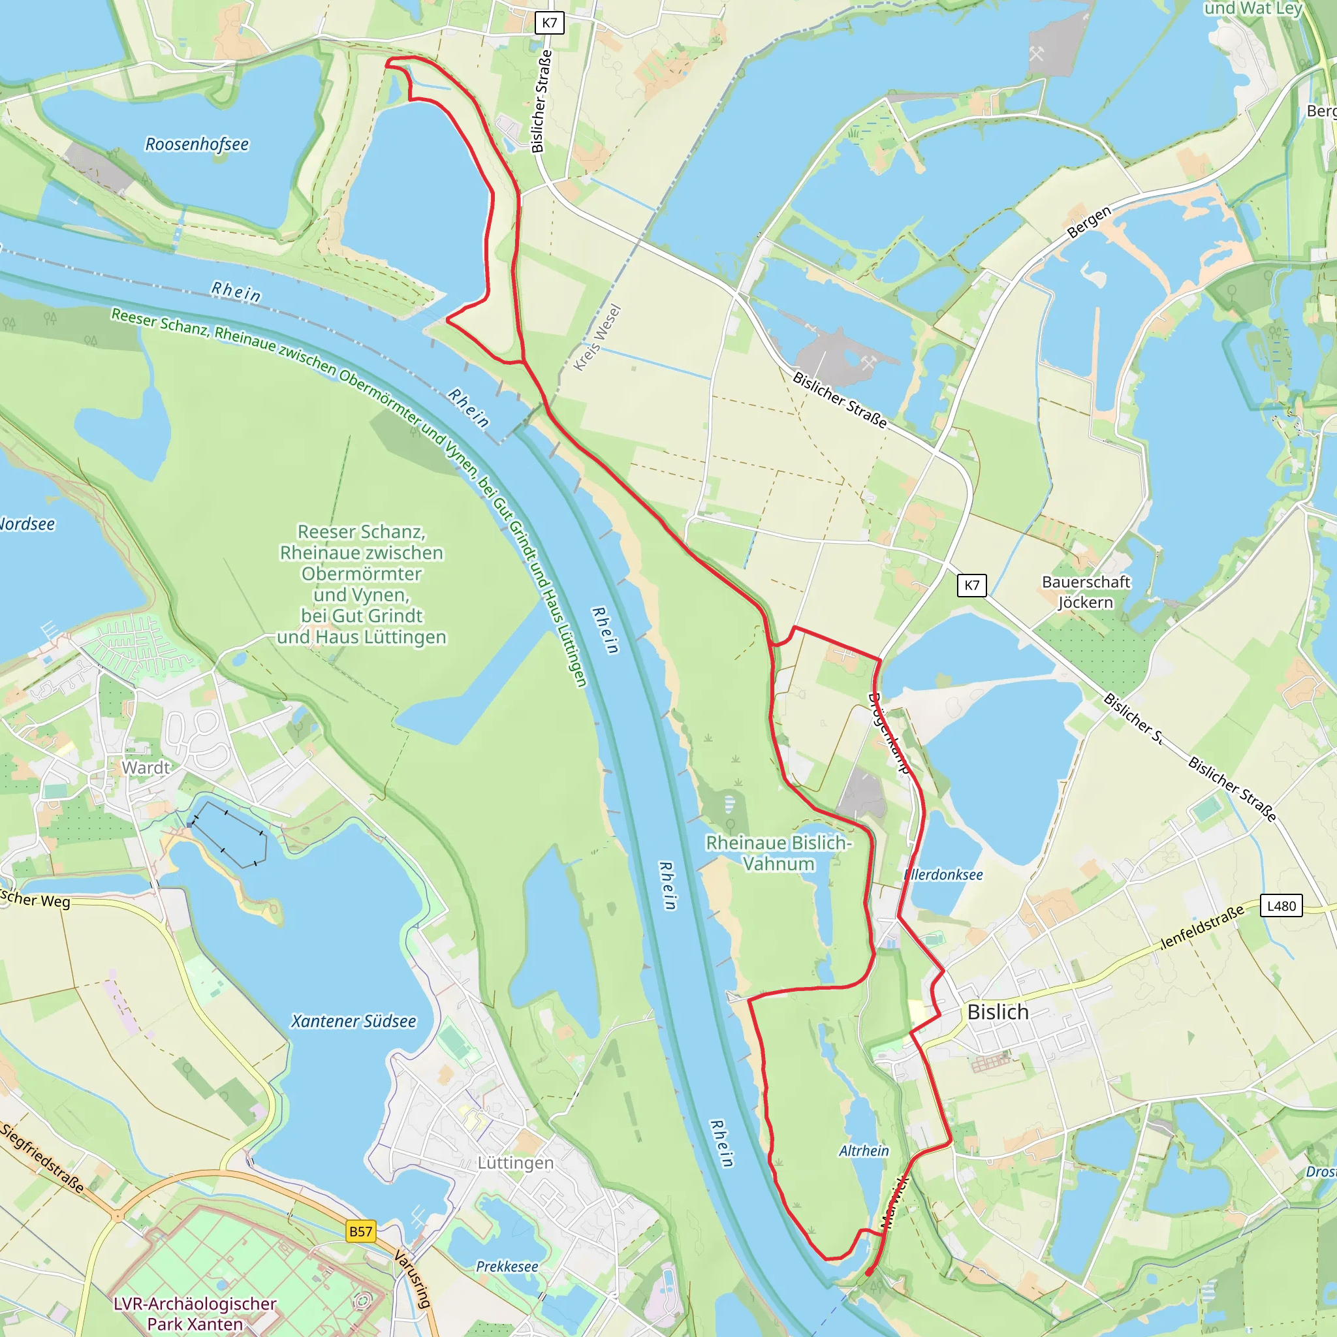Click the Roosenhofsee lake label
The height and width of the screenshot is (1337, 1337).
point(197,144)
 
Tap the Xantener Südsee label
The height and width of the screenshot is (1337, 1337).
point(354,1022)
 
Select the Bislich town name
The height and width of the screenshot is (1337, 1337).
point(998,1012)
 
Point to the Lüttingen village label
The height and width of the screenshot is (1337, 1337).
point(516,1163)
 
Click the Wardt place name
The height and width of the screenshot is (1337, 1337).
point(146,768)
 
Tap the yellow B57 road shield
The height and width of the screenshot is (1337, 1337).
point(360,1231)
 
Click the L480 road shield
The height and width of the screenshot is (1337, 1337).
point(1281,906)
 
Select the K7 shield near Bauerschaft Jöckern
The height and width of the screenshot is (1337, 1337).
point(971,585)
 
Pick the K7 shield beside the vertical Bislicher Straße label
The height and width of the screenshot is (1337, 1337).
point(550,23)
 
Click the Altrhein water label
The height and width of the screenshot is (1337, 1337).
point(864,1151)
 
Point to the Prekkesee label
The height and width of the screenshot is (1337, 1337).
point(507,1266)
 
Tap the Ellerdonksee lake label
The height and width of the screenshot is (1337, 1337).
point(944,875)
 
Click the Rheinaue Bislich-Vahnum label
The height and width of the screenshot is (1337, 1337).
point(779,853)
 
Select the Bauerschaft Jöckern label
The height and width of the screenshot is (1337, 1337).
point(1086,591)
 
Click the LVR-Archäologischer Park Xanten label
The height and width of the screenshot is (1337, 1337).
point(195,1313)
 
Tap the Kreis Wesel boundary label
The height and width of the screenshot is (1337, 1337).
point(597,338)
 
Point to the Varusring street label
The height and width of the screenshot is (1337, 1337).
point(413,1278)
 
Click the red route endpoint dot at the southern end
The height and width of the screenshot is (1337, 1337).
point(868,1272)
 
